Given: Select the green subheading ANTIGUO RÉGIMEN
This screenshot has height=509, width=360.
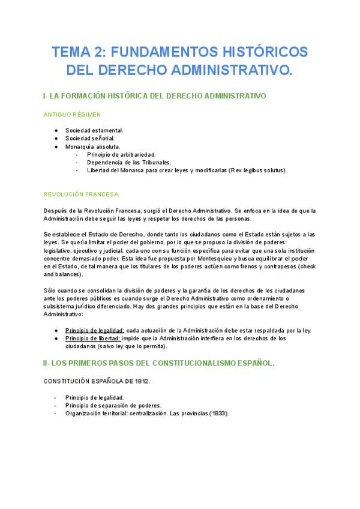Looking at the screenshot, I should [72, 113].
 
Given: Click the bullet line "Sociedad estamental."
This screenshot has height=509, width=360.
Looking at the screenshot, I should [94, 130].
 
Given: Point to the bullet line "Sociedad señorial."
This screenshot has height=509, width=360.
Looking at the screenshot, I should [90, 138].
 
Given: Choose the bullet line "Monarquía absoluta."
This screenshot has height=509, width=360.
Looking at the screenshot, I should [92, 146].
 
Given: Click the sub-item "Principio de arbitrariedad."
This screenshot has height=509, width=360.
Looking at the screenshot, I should [121, 154].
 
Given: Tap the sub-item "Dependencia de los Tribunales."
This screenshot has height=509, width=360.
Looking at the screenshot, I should [129, 162].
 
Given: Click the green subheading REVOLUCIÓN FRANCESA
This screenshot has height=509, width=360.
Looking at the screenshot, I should [82, 194].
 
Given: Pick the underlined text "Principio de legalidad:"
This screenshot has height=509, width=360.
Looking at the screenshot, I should [94, 330].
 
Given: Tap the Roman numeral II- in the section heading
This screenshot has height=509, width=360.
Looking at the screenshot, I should [49, 363].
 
